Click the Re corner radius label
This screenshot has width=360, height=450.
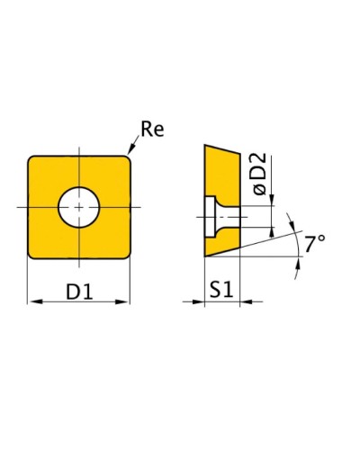pyautogui.click(x=152, y=130)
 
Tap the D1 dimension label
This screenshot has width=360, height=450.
pyautogui.click(x=79, y=292)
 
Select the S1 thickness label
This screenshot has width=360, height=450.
pyautogui.click(x=221, y=290)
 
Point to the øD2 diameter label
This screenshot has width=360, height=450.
pyautogui.click(x=259, y=174)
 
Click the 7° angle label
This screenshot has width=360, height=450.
pyautogui.click(x=315, y=243)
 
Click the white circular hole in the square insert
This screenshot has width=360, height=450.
pyautogui.click(x=79, y=207)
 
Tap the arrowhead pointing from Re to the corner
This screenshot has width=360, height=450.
pyautogui.click(x=130, y=150)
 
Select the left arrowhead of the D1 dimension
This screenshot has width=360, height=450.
pyautogui.click(x=36, y=301)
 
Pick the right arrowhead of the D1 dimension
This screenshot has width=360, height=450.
pyautogui.click(x=121, y=301)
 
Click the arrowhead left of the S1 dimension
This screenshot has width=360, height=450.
pyautogui.click(x=198, y=301)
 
